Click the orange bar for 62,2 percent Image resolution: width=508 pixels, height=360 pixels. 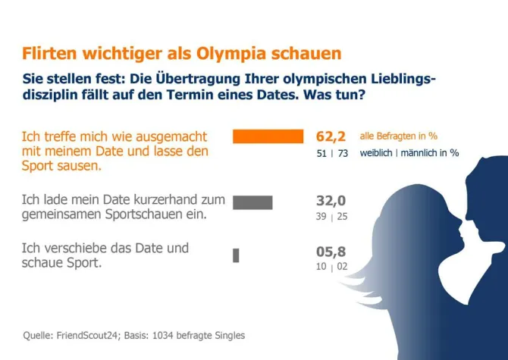(x=268, y=136)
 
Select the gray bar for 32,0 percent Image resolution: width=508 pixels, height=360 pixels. (x=252, y=202)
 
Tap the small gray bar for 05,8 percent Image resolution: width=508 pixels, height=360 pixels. (x=236, y=255)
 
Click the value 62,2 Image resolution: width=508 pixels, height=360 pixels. (x=331, y=136)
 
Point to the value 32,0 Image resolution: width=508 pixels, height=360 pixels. (x=331, y=201)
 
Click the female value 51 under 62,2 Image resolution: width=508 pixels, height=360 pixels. (x=321, y=153)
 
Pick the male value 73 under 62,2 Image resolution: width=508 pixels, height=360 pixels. (x=341, y=153)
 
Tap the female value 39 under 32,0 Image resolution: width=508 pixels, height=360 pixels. (x=321, y=217)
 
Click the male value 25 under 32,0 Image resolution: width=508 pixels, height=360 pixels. (x=341, y=217)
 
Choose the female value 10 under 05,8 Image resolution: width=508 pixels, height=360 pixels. (x=321, y=268)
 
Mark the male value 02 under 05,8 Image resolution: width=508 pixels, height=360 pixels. (x=341, y=268)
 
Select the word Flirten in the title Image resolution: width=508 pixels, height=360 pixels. (x=50, y=54)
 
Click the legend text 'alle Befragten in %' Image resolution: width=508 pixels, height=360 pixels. (x=398, y=136)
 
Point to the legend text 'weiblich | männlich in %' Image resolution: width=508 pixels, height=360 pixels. (x=409, y=152)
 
